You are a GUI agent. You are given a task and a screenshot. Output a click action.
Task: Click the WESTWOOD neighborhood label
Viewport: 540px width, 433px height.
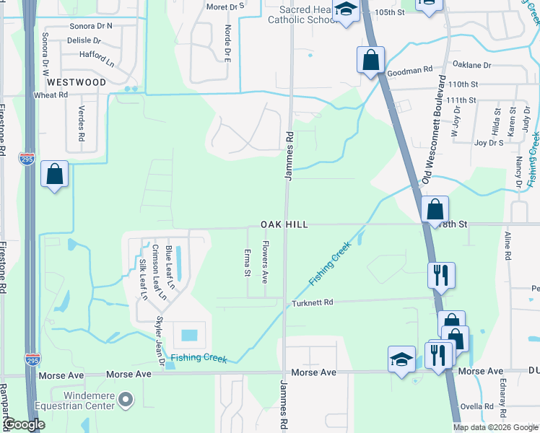click(x=77, y=82)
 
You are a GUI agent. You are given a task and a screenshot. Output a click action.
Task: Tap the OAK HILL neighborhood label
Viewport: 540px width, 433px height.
click(x=284, y=225)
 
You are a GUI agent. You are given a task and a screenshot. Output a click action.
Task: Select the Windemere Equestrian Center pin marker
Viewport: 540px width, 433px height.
click(x=126, y=399)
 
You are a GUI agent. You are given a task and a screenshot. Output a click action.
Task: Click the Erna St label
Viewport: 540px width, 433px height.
click(x=247, y=263)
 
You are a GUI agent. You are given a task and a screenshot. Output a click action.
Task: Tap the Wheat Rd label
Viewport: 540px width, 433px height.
click(x=51, y=95)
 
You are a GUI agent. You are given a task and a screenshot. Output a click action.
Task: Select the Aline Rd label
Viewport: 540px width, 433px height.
click(x=508, y=246)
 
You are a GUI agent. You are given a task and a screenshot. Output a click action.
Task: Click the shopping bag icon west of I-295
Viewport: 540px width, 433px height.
click(x=54, y=174)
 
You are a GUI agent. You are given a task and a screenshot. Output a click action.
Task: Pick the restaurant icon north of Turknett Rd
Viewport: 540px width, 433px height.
click(x=440, y=274)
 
